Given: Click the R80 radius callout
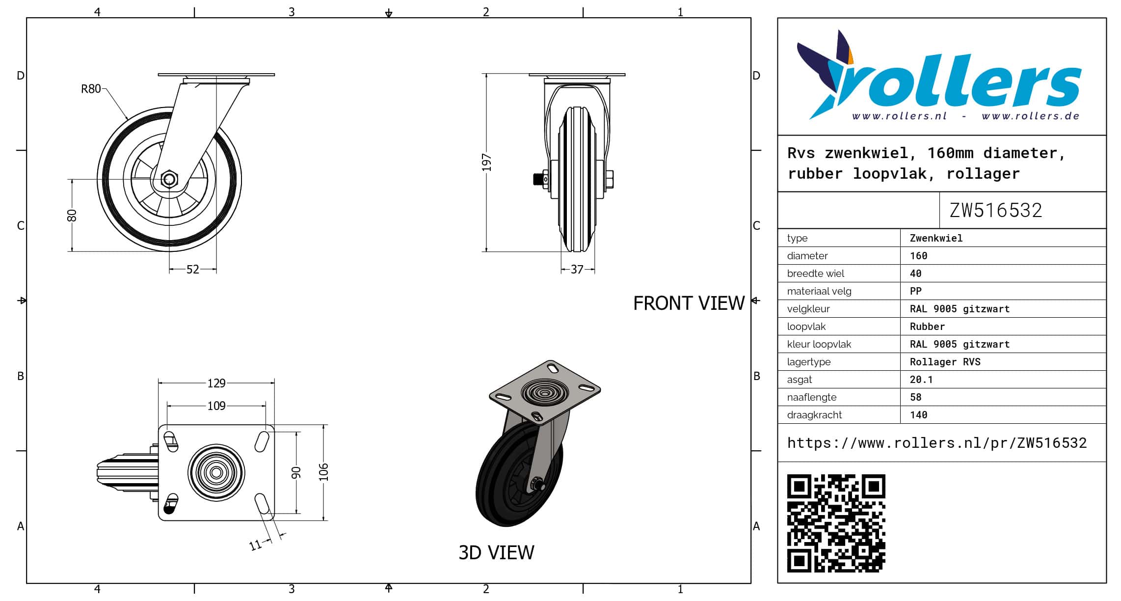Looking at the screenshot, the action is pyautogui.click(x=91, y=89).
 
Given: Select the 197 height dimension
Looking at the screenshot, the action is pyautogui.click(x=486, y=163).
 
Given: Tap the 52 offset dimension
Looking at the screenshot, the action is pyautogui.click(x=193, y=269).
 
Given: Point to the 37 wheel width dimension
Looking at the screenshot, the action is pyautogui.click(x=577, y=269).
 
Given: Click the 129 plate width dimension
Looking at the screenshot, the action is pyautogui.click(x=216, y=383).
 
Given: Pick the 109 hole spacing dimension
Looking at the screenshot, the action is pyautogui.click(x=216, y=406).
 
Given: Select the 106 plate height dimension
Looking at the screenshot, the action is pyautogui.click(x=323, y=472).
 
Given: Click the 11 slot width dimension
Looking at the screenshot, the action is pyautogui.click(x=255, y=545).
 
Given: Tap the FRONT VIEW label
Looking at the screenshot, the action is pyautogui.click(x=689, y=303).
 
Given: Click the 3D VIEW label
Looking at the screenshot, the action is pyautogui.click(x=496, y=552).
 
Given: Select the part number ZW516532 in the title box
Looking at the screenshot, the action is pyautogui.click(x=995, y=210).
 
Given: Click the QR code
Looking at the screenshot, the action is pyautogui.click(x=836, y=523).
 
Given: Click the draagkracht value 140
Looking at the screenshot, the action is pyautogui.click(x=918, y=415).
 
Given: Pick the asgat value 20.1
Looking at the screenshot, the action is pyautogui.click(x=921, y=380).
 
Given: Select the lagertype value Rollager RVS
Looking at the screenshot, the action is pyautogui.click(x=945, y=362).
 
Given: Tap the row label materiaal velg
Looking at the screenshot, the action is pyautogui.click(x=819, y=291).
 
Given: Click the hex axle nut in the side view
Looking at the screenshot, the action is pyautogui.click(x=169, y=179).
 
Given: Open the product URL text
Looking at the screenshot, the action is pyautogui.click(x=936, y=443).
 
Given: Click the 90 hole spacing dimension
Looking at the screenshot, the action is pyautogui.click(x=295, y=473).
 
